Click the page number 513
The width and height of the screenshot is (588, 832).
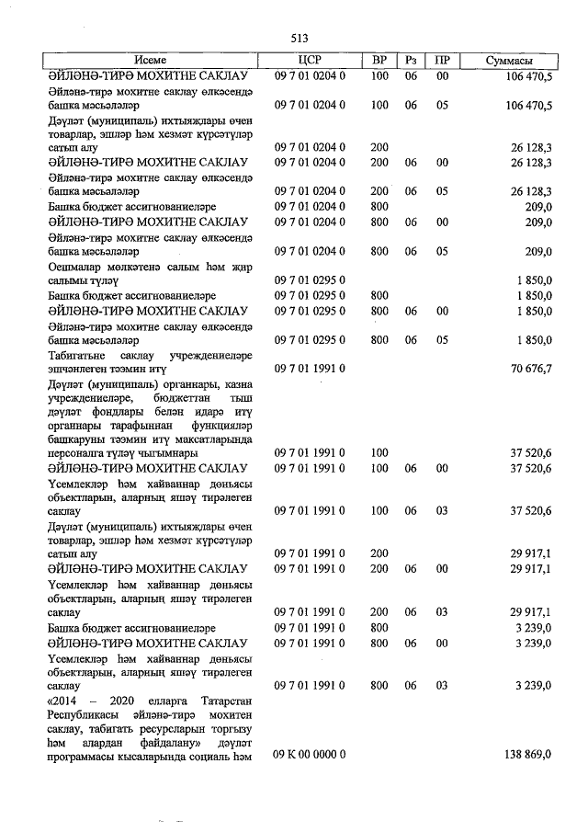pos(299,39)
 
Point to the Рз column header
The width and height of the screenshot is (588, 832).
pos(411,61)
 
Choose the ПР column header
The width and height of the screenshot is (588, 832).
pos(442,61)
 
